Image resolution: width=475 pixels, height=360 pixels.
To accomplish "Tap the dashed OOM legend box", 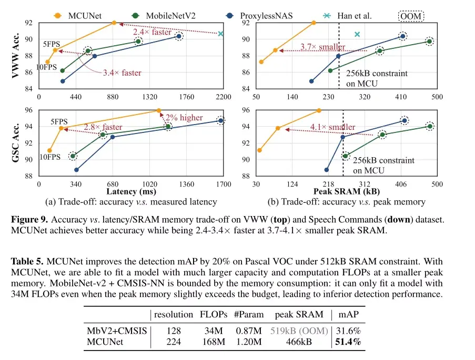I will pyautogui.click(x=411, y=16).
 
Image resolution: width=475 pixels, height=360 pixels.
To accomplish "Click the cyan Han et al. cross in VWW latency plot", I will pyautogui.click(x=221, y=34).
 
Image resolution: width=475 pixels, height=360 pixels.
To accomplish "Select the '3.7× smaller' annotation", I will pyautogui.click(x=322, y=47).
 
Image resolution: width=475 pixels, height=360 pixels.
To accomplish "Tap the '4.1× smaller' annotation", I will pyautogui.click(x=332, y=127).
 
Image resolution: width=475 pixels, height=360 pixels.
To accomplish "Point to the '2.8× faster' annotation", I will pyautogui.click(x=103, y=127).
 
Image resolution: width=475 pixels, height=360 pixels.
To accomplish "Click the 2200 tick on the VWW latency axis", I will pyautogui.click(x=223, y=97).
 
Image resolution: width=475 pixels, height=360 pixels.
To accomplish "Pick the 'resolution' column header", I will pyautogui.click(x=173, y=315).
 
